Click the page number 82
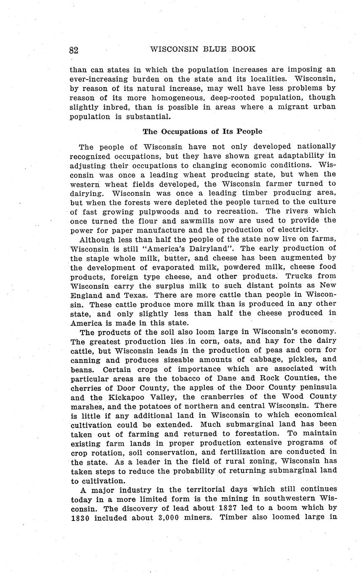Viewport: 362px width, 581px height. (x=74, y=50)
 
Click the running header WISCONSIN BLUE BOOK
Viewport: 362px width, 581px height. (x=202, y=49)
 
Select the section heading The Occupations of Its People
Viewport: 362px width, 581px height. (x=202, y=131)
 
